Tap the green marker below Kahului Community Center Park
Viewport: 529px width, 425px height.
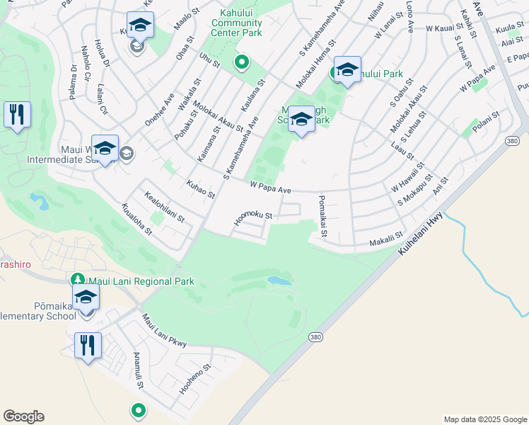(241, 63)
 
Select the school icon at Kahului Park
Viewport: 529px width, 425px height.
(347, 70)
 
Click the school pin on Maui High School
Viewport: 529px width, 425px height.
(301, 120)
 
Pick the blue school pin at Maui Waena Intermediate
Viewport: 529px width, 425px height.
(105, 148)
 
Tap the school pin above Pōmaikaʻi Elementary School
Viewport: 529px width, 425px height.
(86, 297)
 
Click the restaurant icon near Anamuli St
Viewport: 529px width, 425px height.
(88, 346)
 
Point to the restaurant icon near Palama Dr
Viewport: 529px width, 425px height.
(17, 114)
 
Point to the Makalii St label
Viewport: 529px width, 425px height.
(385, 239)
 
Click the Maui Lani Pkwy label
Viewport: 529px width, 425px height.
(163, 331)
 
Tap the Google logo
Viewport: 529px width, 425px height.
(23, 416)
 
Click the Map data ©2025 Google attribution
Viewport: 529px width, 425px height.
(484, 419)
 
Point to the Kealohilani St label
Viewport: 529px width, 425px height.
(164, 206)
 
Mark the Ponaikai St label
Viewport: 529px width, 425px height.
(323, 216)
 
